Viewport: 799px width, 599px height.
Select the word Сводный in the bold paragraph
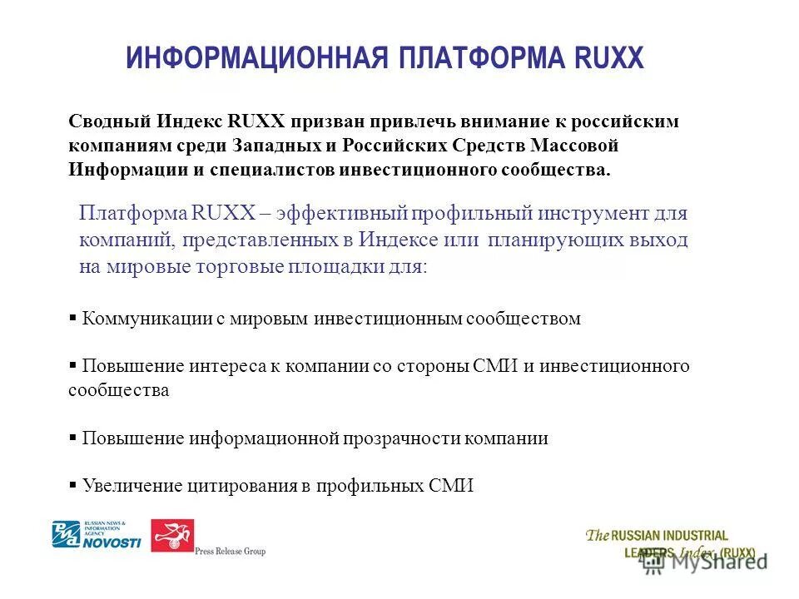tap(107, 121)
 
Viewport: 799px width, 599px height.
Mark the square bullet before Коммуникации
tap(73, 317)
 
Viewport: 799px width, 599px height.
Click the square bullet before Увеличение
tap(73, 485)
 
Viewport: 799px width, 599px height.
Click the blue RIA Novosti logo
tap(97, 535)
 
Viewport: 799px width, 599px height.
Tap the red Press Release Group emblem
tap(171, 536)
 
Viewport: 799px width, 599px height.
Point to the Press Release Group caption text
tap(230, 552)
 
